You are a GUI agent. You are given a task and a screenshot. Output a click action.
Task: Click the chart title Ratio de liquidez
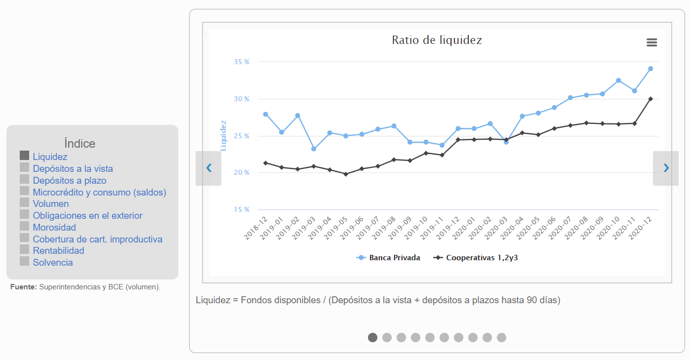click(x=437, y=40)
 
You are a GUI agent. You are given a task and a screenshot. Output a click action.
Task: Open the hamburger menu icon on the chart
click(x=651, y=42)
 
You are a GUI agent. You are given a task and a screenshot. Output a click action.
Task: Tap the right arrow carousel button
click(x=666, y=168)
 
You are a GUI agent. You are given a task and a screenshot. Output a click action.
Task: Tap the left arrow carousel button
click(x=208, y=168)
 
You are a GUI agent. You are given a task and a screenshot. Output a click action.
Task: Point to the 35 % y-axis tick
click(x=242, y=62)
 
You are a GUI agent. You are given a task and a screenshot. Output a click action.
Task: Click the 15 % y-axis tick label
click(x=242, y=210)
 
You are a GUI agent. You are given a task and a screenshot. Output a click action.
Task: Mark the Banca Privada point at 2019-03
click(x=314, y=149)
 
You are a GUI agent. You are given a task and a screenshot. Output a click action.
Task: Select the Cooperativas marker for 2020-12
click(x=650, y=99)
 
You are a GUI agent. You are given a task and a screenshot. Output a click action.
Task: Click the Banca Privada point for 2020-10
click(x=618, y=80)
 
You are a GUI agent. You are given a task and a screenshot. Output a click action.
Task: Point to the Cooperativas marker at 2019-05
click(x=346, y=174)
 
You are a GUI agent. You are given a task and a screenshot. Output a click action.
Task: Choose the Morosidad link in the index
click(x=54, y=228)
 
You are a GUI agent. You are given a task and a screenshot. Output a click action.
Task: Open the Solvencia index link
click(x=53, y=263)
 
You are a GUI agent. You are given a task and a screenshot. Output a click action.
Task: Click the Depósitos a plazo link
click(x=70, y=181)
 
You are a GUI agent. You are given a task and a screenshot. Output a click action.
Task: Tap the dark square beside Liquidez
click(x=25, y=156)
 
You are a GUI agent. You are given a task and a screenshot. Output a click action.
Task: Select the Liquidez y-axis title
click(x=223, y=135)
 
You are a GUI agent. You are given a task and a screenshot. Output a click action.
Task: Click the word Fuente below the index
click(x=23, y=287)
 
